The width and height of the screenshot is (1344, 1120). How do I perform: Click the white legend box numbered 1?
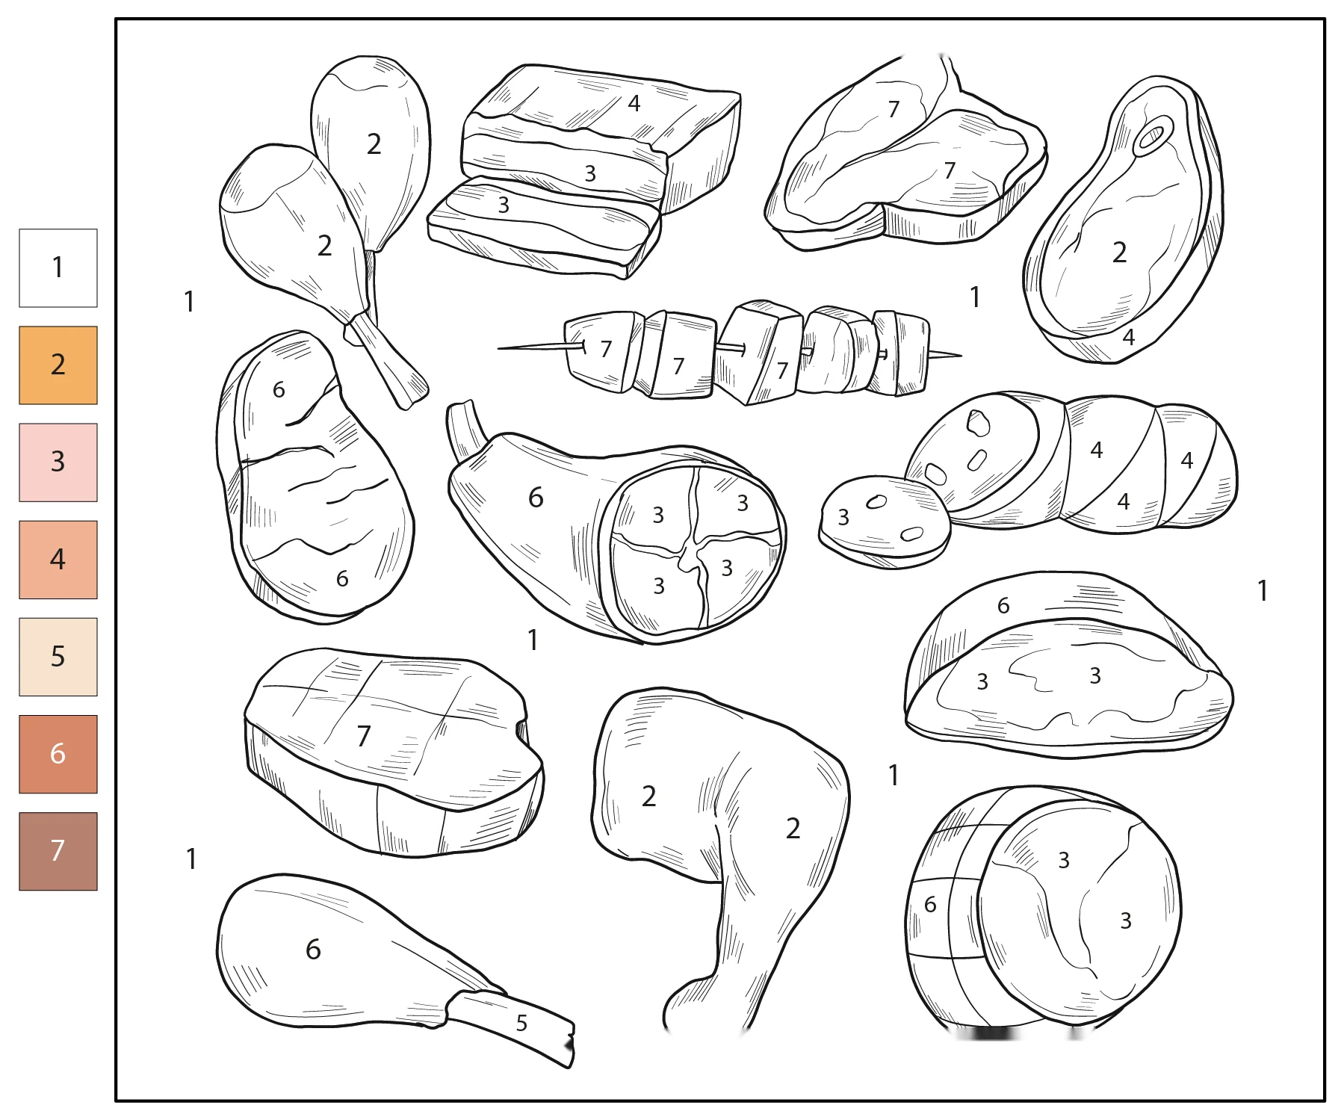click(58, 268)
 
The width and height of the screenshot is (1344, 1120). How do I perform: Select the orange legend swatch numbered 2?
click(58, 365)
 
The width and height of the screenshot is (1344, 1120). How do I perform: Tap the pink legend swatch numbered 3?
click(58, 462)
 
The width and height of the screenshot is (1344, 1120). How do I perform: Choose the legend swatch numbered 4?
click(58, 560)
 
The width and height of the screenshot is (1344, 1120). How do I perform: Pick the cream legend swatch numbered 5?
click(58, 657)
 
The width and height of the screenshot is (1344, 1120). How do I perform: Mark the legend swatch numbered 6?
click(58, 754)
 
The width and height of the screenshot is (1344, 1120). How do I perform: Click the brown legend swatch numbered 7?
click(58, 851)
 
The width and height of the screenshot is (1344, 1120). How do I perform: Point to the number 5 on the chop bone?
click(521, 1023)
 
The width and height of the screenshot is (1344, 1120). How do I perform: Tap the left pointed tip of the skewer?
click(499, 348)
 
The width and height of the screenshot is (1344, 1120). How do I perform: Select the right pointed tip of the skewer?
click(961, 356)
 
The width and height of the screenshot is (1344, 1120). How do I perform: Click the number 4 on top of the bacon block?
click(634, 103)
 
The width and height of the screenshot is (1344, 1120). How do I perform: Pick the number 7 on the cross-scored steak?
click(364, 736)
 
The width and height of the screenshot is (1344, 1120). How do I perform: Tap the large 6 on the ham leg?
click(536, 498)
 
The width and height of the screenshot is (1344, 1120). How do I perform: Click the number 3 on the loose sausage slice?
click(843, 517)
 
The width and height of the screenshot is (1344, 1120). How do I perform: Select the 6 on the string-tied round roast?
click(930, 905)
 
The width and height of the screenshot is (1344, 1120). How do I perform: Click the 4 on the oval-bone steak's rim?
click(1129, 337)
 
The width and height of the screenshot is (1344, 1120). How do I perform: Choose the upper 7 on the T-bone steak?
click(894, 110)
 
